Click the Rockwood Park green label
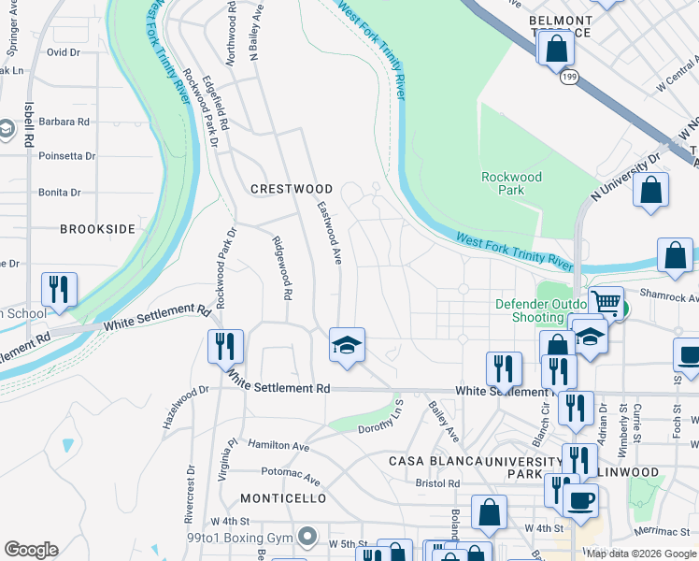(511, 183)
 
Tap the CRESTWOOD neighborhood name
(292, 189)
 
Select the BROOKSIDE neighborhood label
(97, 228)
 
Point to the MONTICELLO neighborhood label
(283, 498)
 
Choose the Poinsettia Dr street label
(66, 156)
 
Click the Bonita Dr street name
(60, 192)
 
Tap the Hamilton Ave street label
(278, 447)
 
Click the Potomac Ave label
(278, 472)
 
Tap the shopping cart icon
(606, 302)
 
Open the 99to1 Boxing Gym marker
(307, 537)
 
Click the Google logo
(31, 550)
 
